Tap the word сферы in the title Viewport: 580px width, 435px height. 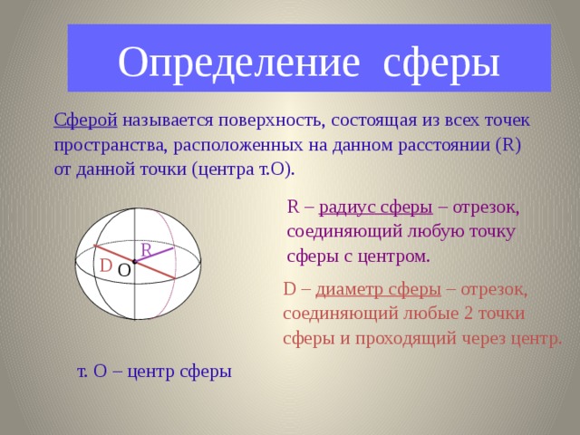pos(441,62)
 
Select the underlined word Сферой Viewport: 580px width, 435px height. pos(84,121)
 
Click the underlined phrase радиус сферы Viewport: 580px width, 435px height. pos(375,207)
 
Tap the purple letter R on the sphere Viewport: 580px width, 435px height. pos(146,250)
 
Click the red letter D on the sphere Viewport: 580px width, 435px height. pos(106,266)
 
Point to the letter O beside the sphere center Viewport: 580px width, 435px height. pos(124,270)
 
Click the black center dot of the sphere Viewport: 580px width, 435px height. pos(134,262)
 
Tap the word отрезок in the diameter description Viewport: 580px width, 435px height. pos(495,289)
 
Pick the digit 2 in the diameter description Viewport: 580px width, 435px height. pos(450,314)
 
